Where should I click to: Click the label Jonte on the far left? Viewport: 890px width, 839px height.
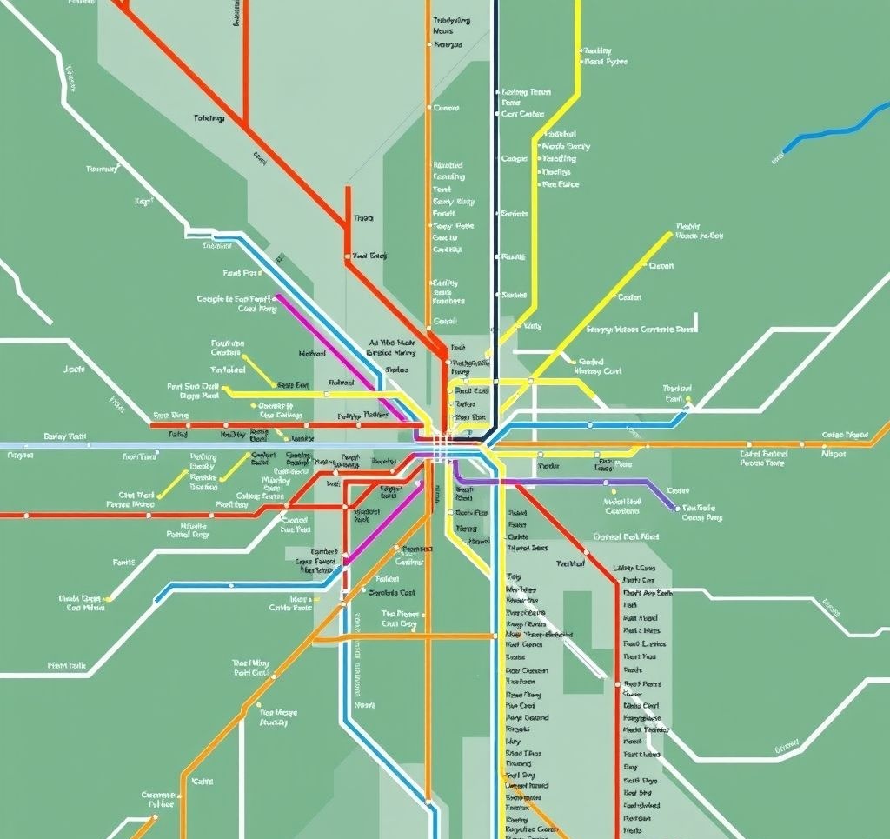(75, 370)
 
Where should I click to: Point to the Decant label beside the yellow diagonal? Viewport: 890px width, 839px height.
(661, 266)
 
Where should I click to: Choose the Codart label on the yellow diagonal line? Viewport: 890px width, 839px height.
(629, 297)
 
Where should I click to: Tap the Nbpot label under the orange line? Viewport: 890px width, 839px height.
(833, 453)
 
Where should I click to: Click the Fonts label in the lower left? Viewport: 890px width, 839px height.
(124, 563)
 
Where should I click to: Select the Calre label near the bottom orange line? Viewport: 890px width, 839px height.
(202, 782)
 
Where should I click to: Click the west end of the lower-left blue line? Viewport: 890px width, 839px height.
(157, 601)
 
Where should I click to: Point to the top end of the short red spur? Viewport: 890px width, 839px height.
(348, 187)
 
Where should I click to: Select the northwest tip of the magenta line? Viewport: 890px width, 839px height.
(276, 296)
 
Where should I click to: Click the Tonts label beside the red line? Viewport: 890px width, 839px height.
(363, 218)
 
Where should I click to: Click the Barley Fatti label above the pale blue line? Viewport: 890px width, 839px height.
(65, 436)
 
